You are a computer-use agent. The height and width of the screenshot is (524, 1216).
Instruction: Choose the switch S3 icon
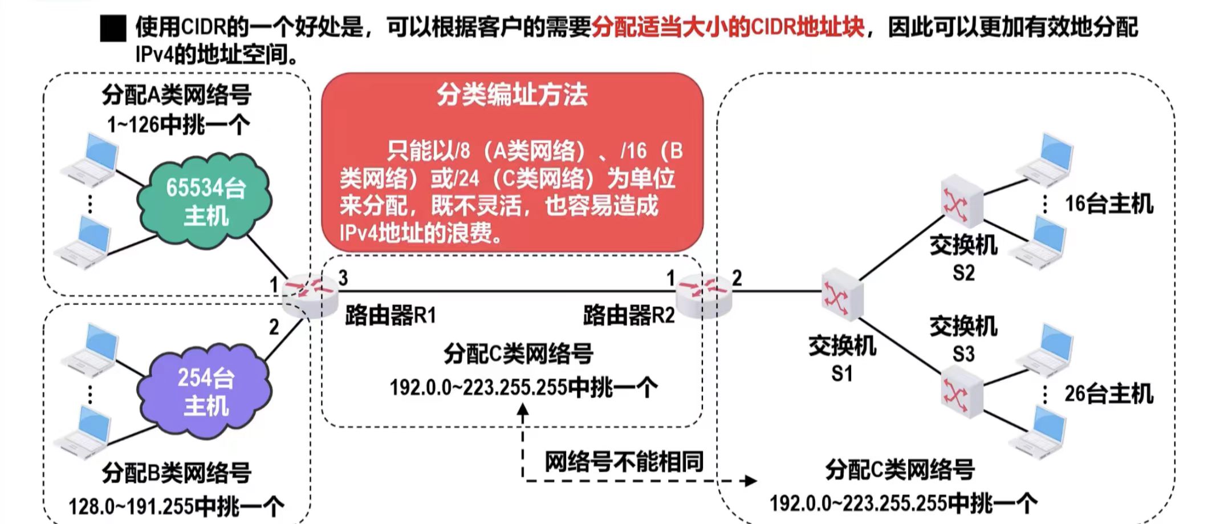tap(961, 392)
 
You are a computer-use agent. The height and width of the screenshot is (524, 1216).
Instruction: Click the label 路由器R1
tap(391, 315)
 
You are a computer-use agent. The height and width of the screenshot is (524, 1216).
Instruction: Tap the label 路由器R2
tap(628, 315)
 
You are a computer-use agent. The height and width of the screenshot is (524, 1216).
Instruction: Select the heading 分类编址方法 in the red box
tap(512, 94)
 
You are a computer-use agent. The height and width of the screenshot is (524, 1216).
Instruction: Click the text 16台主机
tap(1109, 204)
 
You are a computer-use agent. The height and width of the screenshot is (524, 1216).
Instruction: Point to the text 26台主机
tap(1109, 393)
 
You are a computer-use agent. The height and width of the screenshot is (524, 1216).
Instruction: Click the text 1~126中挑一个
tap(178, 124)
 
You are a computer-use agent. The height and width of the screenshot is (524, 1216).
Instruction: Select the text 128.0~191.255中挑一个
tap(176, 506)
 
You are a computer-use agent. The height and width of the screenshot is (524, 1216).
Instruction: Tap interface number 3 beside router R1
tap(343, 278)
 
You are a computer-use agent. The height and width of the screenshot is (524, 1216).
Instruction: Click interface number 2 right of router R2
tap(737, 278)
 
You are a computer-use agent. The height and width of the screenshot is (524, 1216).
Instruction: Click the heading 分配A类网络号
tap(177, 95)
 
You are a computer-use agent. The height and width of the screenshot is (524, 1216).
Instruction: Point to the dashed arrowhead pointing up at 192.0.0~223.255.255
tap(523, 409)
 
